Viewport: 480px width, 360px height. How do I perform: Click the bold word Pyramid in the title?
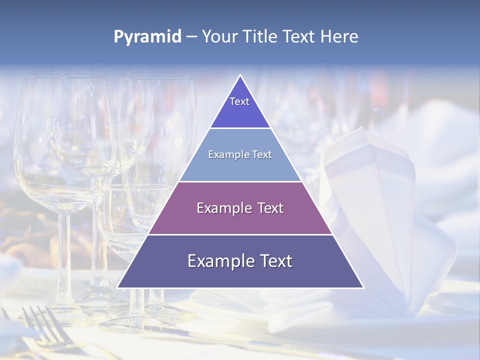[x=147, y=37]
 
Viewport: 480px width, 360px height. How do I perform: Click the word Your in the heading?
[x=220, y=37]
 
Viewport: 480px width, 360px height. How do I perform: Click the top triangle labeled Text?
[x=240, y=107]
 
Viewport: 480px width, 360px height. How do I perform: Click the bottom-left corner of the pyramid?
[x=118, y=287]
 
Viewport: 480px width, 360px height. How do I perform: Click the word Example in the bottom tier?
[x=220, y=261]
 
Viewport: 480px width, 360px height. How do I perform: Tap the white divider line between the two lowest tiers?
[x=240, y=234]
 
